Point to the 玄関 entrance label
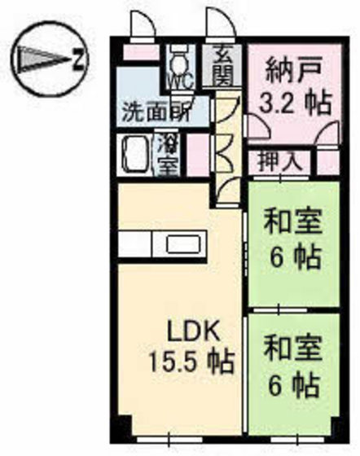pos(222,64)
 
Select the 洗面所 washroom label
pos(156,112)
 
